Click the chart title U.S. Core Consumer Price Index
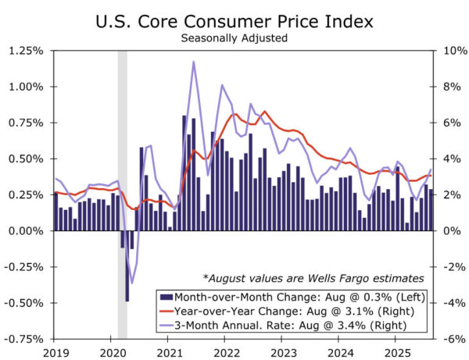tap(234, 19)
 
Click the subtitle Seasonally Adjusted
tap(234, 37)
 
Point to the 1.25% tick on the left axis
tap(26, 51)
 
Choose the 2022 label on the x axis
tap(225, 351)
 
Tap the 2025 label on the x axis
tap(396, 351)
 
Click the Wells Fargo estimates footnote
tap(313, 277)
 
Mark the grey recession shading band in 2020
tap(122, 195)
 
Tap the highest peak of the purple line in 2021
tap(193, 62)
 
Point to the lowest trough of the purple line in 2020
tap(132, 283)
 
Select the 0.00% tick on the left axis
tap(26, 231)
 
